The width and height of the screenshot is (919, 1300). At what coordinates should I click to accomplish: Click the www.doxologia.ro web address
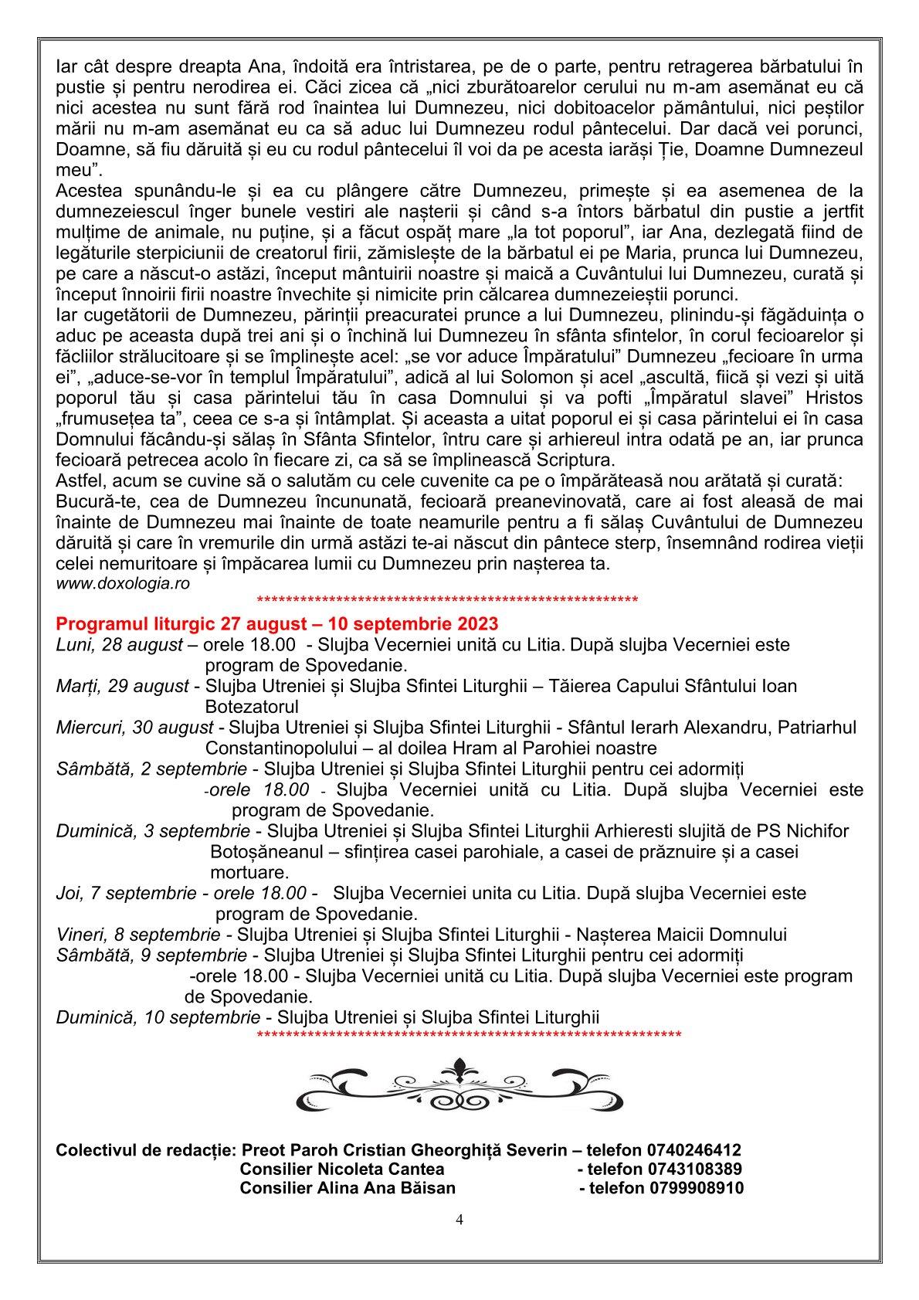coord(123,584)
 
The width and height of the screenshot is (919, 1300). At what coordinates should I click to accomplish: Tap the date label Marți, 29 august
coord(122,686)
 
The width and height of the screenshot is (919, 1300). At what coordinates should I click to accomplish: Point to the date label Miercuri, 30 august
coord(135,727)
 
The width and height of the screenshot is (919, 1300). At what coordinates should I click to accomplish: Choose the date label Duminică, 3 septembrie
coord(153,831)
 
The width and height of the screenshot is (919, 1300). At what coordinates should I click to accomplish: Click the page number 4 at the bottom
coord(459,1220)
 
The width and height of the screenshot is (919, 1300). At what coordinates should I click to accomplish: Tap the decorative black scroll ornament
coord(459,1083)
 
